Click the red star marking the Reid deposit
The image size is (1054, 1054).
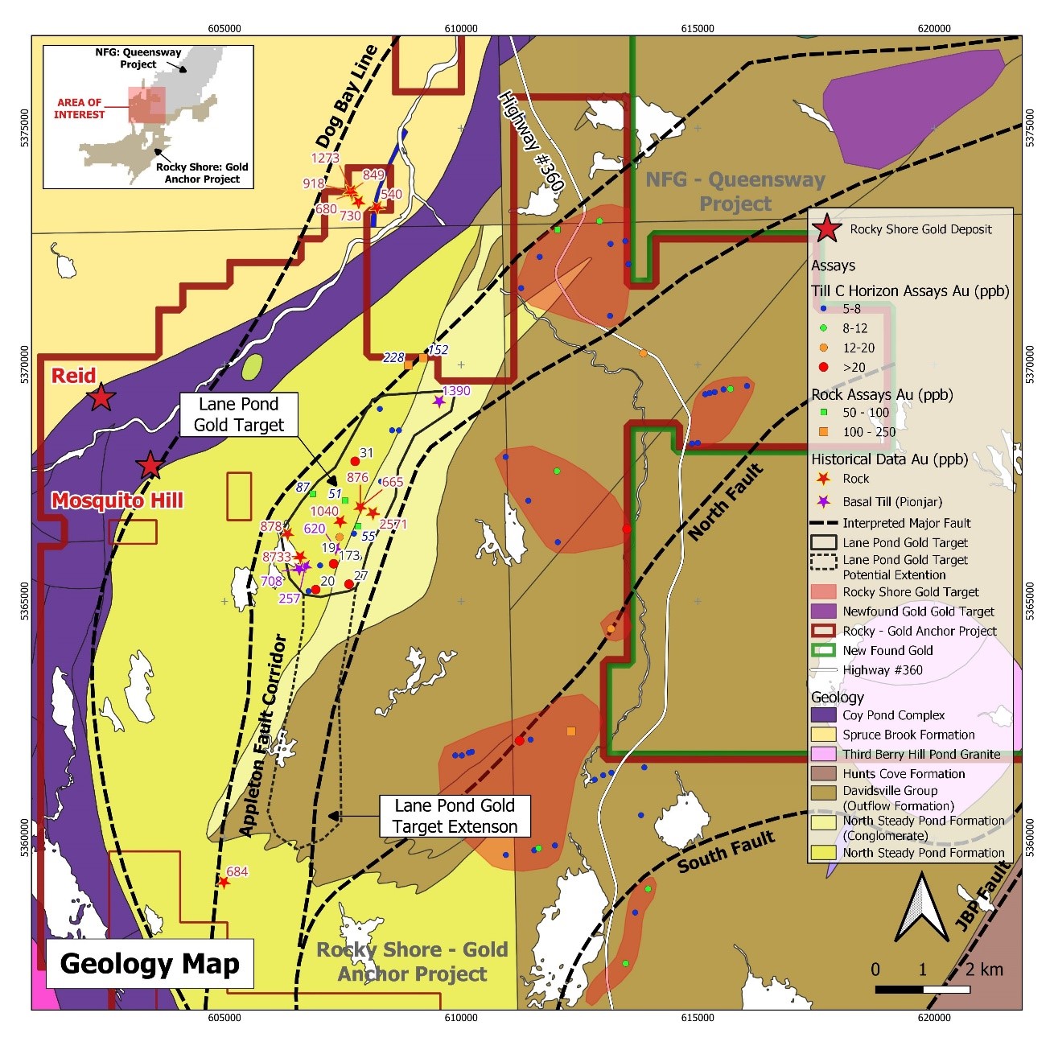pyautogui.click(x=101, y=397)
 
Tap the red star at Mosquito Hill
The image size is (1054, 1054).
pyautogui.click(x=150, y=465)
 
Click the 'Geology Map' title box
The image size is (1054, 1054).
pyautogui.click(x=150, y=963)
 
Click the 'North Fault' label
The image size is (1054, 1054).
pyautogui.click(x=725, y=501)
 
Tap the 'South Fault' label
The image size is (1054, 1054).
pyautogui.click(x=726, y=851)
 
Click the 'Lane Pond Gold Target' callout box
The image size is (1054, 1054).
pyautogui.click(x=238, y=414)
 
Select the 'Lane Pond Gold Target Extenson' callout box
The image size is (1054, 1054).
pyautogui.click(x=455, y=816)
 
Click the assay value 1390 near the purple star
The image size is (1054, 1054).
pyautogui.click(x=456, y=391)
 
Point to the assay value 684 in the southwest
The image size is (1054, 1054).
pyautogui.click(x=237, y=871)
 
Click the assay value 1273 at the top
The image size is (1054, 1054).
pyautogui.click(x=325, y=159)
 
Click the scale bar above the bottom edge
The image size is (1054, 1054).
pyautogui.click(x=922, y=989)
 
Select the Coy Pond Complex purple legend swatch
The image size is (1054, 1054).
pyautogui.click(x=824, y=715)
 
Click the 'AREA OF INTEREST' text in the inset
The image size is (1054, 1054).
pyautogui.click(x=79, y=109)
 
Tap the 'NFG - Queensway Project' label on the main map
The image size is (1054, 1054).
pyautogui.click(x=735, y=191)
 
